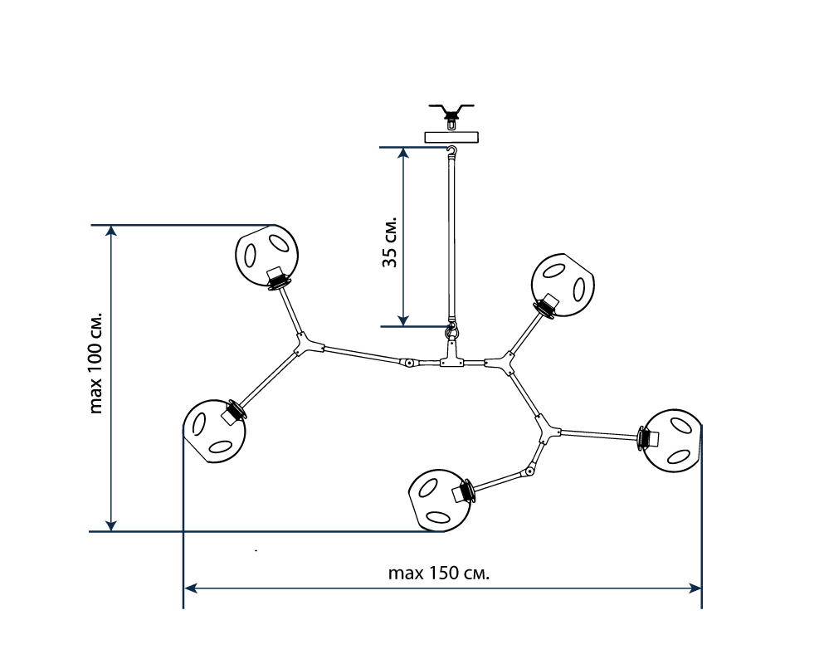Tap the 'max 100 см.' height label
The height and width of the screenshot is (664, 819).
click(x=96, y=363)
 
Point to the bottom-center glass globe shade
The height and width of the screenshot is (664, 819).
click(x=441, y=498)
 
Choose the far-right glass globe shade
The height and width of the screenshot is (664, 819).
click(x=675, y=441)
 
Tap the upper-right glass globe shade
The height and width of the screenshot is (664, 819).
click(x=563, y=284)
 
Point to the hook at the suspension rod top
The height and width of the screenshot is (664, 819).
click(x=452, y=150)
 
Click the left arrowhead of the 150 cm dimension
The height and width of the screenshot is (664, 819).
click(x=189, y=588)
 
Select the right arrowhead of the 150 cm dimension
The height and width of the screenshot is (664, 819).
click(x=696, y=588)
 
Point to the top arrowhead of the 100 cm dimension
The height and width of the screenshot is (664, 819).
click(x=111, y=231)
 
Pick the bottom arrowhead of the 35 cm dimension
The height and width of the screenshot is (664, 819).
click(x=403, y=320)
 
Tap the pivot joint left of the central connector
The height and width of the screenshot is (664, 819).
click(x=408, y=363)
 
